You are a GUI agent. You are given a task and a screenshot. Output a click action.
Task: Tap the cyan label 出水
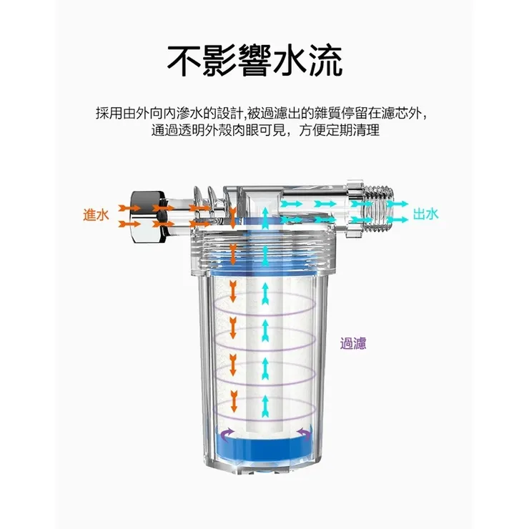click(426, 214)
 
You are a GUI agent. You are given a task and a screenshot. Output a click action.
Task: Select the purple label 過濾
click(353, 343)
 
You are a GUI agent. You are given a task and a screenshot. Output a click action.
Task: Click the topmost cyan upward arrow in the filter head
click(265, 215)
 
